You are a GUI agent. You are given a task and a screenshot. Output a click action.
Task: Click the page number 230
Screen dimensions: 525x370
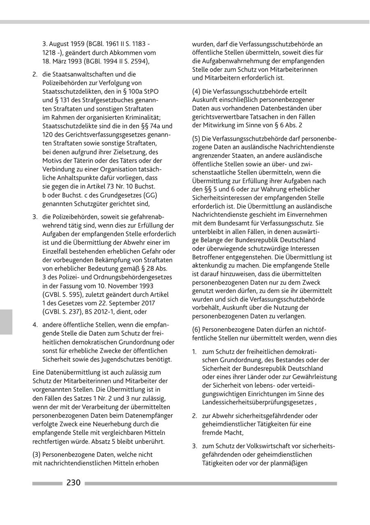click(x=74, y=483)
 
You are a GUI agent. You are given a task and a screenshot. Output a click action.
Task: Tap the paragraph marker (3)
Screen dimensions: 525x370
click(x=37, y=455)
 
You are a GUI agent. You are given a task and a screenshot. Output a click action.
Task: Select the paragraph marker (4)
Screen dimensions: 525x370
click(x=197, y=91)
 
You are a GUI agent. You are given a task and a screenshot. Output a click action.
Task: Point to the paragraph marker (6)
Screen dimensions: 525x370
click(x=197, y=330)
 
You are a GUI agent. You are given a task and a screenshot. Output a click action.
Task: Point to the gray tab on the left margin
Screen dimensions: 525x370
click(x=6, y=322)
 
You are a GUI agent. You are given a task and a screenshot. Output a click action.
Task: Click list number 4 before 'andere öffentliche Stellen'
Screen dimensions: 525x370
click(x=35, y=325)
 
